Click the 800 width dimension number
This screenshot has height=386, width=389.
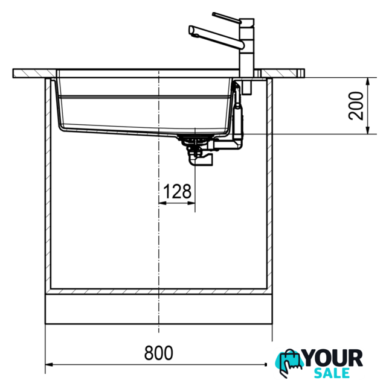[x=158, y=353]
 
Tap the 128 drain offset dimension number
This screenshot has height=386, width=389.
[x=178, y=191]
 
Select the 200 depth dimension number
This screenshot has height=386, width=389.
[x=356, y=106]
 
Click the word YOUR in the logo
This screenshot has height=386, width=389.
[x=333, y=358]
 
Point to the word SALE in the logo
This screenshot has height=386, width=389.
[x=332, y=373]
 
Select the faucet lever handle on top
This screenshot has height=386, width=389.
[x=227, y=18]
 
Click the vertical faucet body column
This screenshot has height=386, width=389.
[x=246, y=48]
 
